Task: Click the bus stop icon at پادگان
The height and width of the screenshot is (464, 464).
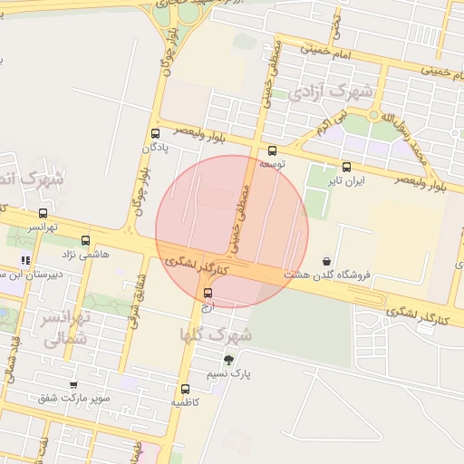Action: click(x=154, y=134)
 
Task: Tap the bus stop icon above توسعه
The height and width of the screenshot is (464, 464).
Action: click(x=272, y=151)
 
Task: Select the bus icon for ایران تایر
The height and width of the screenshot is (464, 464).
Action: click(x=346, y=167)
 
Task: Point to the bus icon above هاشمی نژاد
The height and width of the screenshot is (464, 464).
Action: click(x=86, y=241)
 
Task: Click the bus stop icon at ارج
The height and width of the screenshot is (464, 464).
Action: click(x=208, y=293)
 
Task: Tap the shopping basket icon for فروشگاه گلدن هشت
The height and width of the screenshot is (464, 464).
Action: click(x=326, y=261)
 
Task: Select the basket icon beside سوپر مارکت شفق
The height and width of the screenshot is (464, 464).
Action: click(x=73, y=385)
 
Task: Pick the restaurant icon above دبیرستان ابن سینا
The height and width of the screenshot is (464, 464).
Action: click(x=36, y=260)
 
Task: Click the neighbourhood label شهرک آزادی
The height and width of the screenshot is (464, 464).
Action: click(x=334, y=92)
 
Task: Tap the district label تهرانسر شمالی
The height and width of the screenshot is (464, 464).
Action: click(x=64, y=328)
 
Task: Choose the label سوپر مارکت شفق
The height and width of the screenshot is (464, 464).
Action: click(x=75, y=398)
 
